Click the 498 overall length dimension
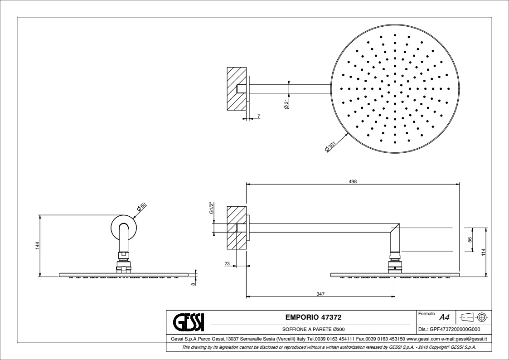353,181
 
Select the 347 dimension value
320,294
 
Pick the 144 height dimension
38,245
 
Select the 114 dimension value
483,251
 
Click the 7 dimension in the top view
258,117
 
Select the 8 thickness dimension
193,283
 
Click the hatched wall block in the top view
236,89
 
